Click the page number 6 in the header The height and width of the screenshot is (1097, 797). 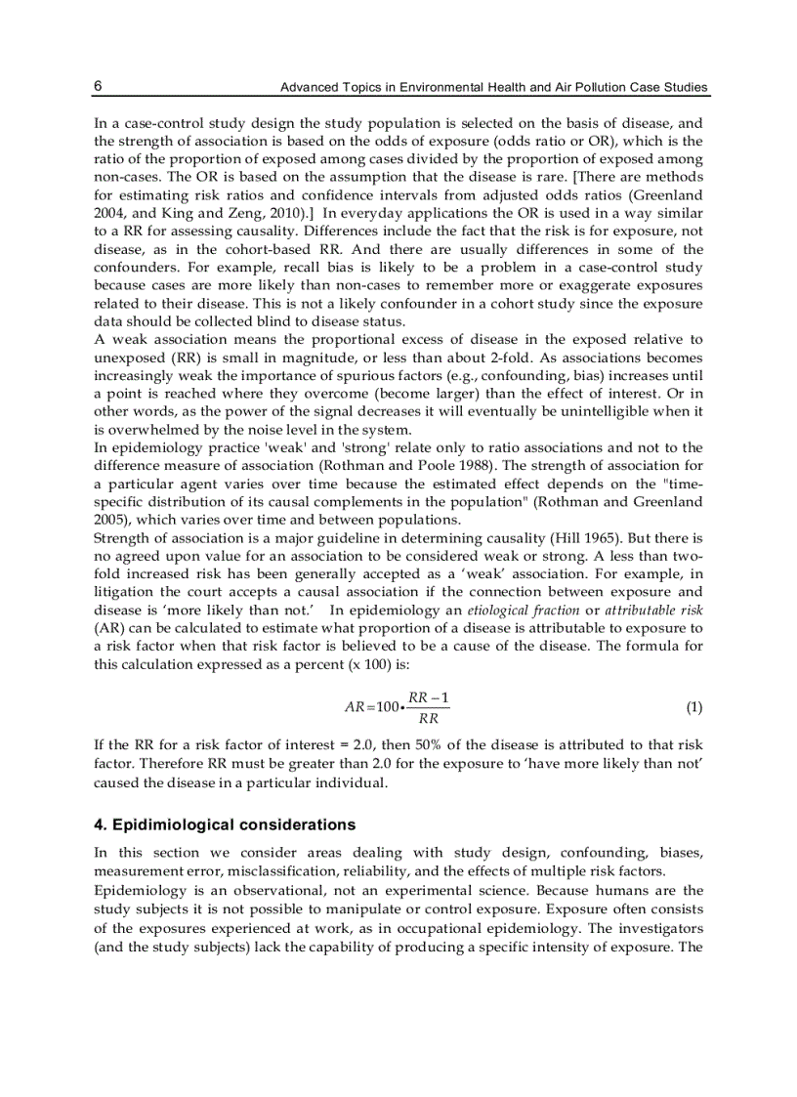(98, 86)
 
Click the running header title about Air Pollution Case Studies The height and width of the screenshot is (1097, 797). (494, 88)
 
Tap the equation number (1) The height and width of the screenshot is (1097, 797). (693, 706)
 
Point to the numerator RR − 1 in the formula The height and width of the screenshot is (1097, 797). (429, 696)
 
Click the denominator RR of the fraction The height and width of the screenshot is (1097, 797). (428, 718)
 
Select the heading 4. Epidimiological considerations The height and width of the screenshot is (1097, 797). (225, 824)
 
